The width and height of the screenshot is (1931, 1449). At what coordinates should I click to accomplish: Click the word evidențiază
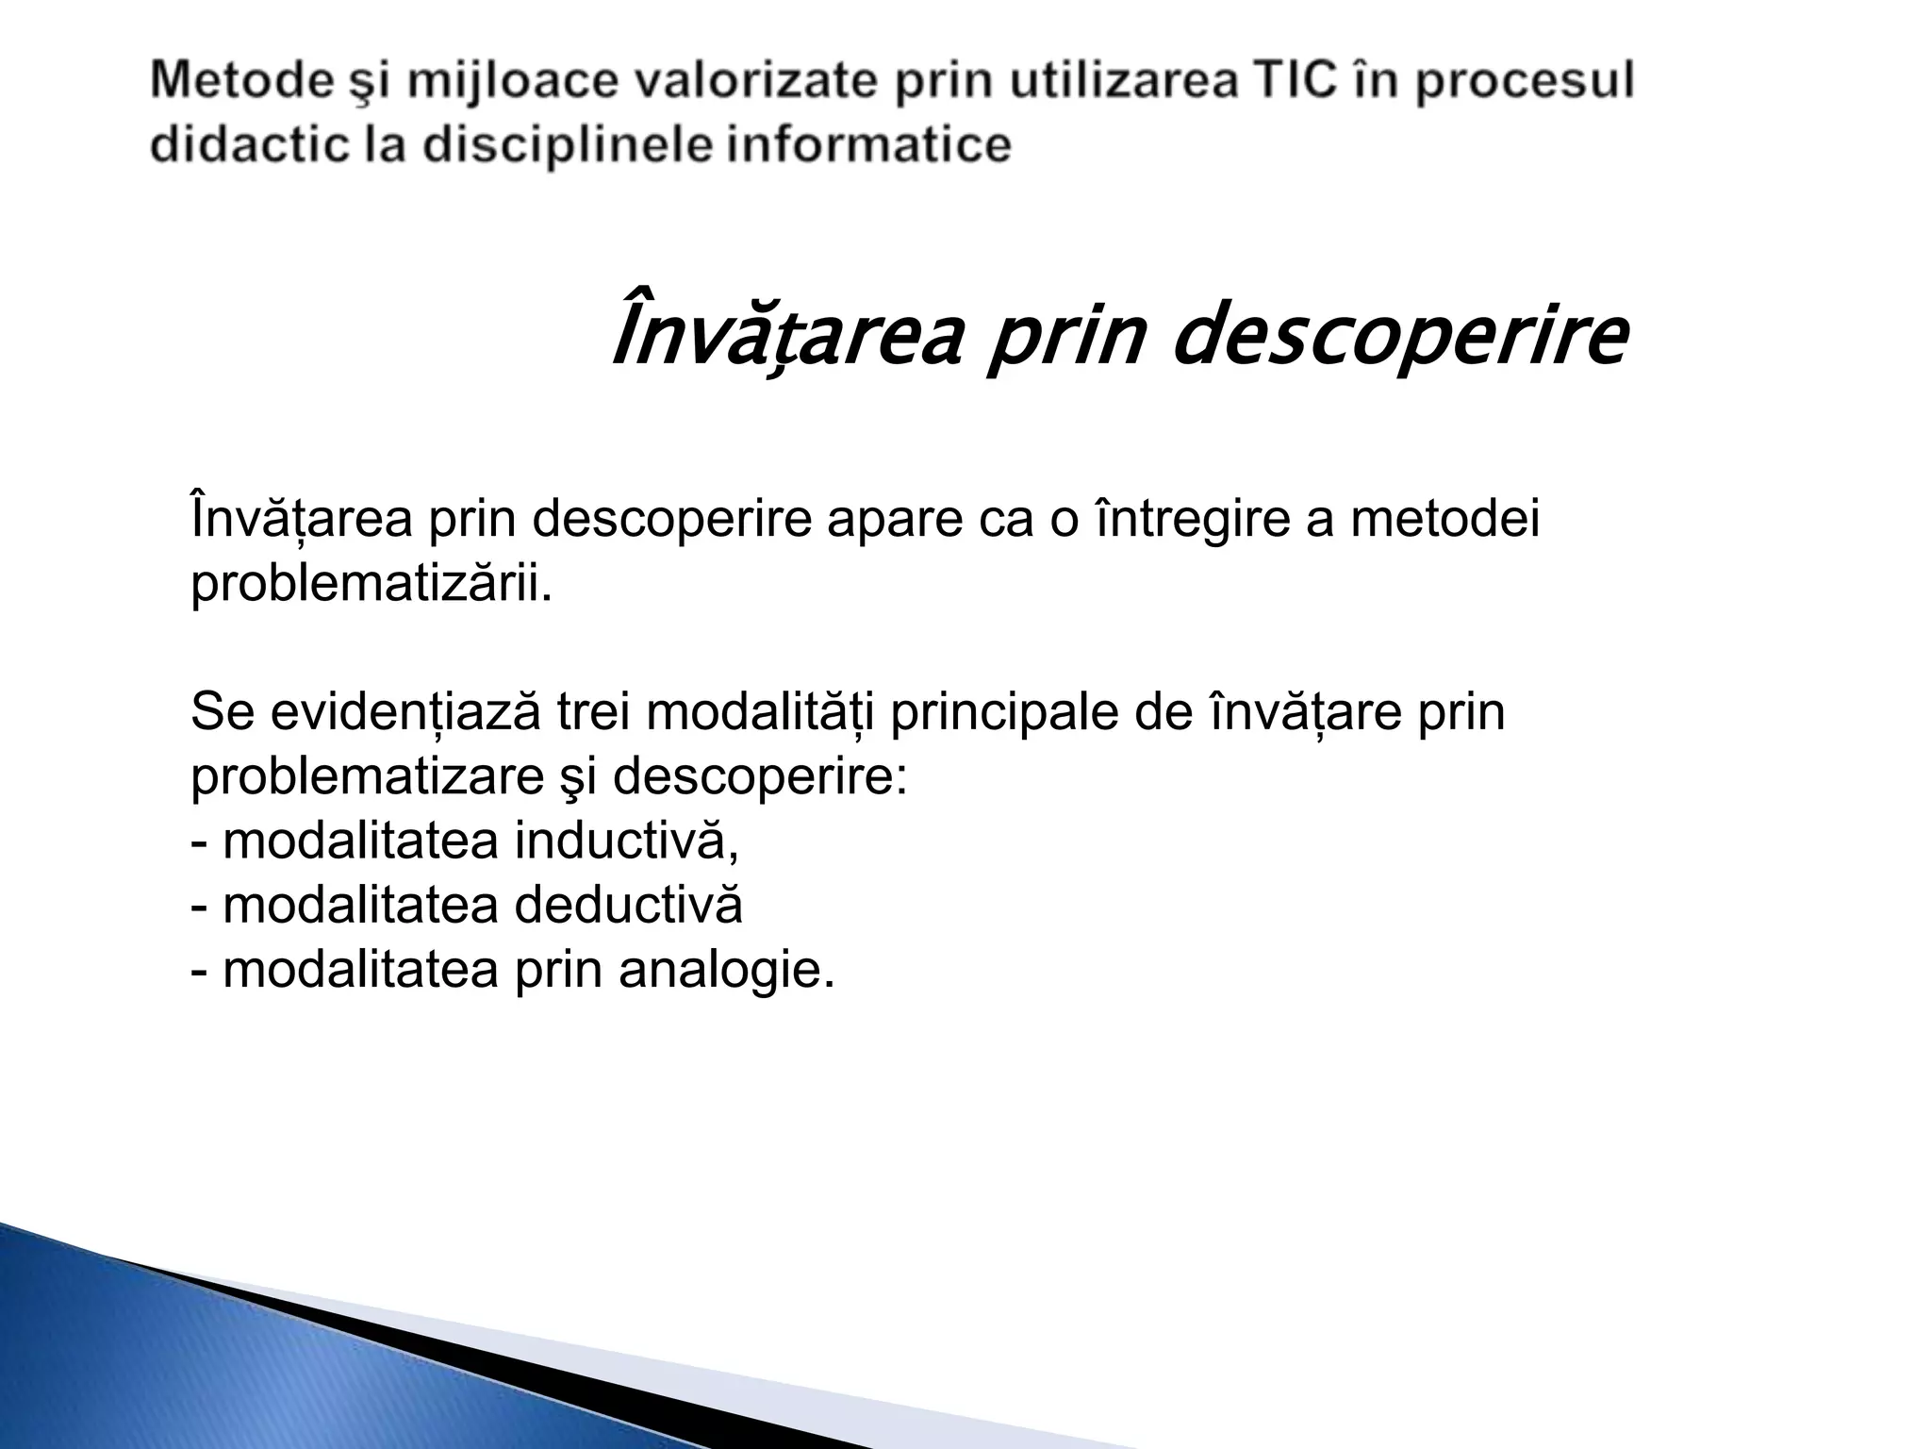405,713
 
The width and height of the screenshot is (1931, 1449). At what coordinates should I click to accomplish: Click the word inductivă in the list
626,841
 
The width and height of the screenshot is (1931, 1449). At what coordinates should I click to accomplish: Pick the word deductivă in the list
629,906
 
